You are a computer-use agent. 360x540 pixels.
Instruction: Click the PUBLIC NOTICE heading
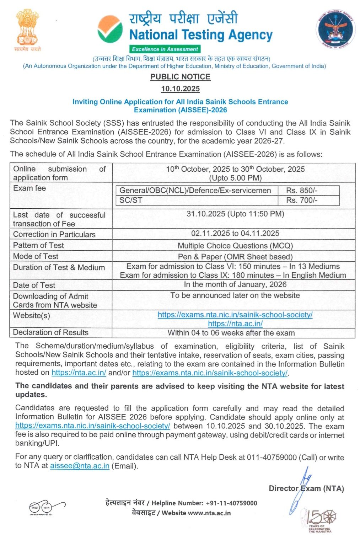click(x=180, y=77)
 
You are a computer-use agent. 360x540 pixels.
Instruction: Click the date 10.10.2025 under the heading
click(x=180, y=89)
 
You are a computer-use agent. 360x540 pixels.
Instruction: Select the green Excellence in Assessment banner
click(x=165, y=49)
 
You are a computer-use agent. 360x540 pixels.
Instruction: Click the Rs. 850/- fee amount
click(x=302, y=191)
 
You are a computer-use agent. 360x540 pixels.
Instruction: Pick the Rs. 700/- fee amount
click(x=302, y=200)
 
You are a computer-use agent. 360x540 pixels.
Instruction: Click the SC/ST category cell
click(x=131, y=200)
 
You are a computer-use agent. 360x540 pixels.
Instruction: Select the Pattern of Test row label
click(x=38, y=245)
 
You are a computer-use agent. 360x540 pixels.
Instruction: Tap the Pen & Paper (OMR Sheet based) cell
click(x=235, y=257)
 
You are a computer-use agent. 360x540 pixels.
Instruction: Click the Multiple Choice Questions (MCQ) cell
click(x=235, y=246)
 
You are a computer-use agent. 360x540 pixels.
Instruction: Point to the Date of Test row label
click(x=34, y=285)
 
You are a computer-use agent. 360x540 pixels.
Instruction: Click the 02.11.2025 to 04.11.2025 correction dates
click(x=235, y=234)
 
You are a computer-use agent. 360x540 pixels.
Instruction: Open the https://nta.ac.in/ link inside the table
click(x=235, y=324)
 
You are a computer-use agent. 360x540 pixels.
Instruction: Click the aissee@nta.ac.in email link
click(x=80, y=466)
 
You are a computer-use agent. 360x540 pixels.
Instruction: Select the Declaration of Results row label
click(x=51, y=332)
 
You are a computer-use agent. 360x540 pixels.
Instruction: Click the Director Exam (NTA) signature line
click(x=306, y=488)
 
